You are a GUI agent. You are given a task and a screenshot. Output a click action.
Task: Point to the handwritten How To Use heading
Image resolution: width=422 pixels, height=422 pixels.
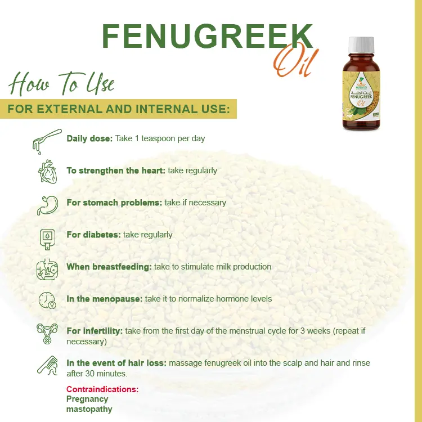62,84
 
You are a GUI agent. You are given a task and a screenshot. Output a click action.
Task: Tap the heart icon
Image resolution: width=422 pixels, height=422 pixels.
47,172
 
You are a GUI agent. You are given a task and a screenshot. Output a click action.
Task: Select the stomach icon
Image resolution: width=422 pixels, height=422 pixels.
47,204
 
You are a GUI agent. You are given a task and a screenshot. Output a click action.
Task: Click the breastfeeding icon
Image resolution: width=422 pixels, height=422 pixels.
47,269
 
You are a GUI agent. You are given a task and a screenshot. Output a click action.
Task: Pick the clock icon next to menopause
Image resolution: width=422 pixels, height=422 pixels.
47,300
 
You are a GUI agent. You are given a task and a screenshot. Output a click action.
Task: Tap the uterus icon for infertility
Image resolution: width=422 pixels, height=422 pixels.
47,334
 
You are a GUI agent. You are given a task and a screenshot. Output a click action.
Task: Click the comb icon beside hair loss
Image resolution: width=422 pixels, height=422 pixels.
47,366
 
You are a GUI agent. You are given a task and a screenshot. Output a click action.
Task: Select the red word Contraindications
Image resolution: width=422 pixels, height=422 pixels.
102,389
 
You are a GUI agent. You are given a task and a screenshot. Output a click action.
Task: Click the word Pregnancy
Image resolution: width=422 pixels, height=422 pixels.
87,399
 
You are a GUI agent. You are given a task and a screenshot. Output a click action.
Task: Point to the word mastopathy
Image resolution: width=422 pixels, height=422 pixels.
89,409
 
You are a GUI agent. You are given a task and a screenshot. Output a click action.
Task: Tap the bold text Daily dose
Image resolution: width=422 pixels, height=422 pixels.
89,138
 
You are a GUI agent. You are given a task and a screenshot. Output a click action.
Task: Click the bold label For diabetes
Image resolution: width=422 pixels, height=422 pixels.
93,235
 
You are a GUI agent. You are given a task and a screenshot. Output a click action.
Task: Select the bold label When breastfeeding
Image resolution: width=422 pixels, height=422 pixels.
109,267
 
